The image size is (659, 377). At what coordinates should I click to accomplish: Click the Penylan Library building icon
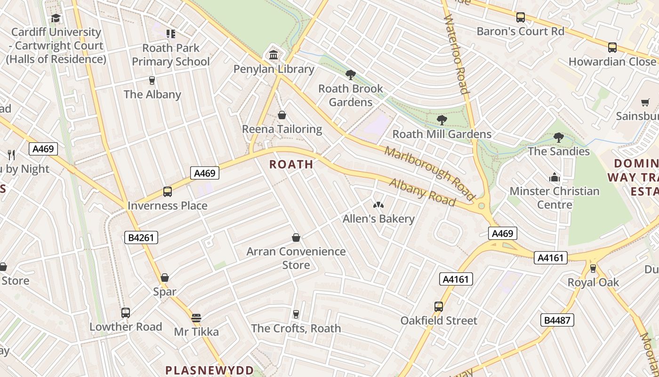point(273,55)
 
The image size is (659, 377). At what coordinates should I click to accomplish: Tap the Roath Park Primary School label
point(171,55)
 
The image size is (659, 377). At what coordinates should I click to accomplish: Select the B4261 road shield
point(141,238)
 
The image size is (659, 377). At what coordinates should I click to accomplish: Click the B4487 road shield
point(557,320)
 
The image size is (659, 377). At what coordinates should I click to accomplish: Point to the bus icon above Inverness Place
point(168,192)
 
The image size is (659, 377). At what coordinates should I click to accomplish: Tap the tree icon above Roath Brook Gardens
point(350,74)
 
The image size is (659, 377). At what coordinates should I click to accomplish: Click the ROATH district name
point(291,164)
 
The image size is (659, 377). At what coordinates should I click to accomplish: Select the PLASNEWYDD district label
point(209,370)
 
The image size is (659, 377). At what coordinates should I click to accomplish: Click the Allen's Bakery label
point(378,219)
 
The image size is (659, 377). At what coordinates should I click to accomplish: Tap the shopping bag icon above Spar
point(165,278)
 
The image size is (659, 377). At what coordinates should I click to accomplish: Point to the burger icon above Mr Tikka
point(196,318)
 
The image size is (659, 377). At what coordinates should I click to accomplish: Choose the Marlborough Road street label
point(429,172)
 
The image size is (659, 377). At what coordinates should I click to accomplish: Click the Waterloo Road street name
point(455,54)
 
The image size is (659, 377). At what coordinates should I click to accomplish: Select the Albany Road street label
point(422,192)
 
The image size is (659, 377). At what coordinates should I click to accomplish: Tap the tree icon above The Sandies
point(559,138)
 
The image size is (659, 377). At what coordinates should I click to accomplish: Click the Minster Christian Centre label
point(555,198)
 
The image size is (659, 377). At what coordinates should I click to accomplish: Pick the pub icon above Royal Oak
point(593,269)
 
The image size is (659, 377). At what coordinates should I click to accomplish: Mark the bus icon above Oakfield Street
point(439,307)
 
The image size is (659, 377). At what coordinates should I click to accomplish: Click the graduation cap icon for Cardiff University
point(56,18)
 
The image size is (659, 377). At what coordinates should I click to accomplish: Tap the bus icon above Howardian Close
point(612,48)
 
